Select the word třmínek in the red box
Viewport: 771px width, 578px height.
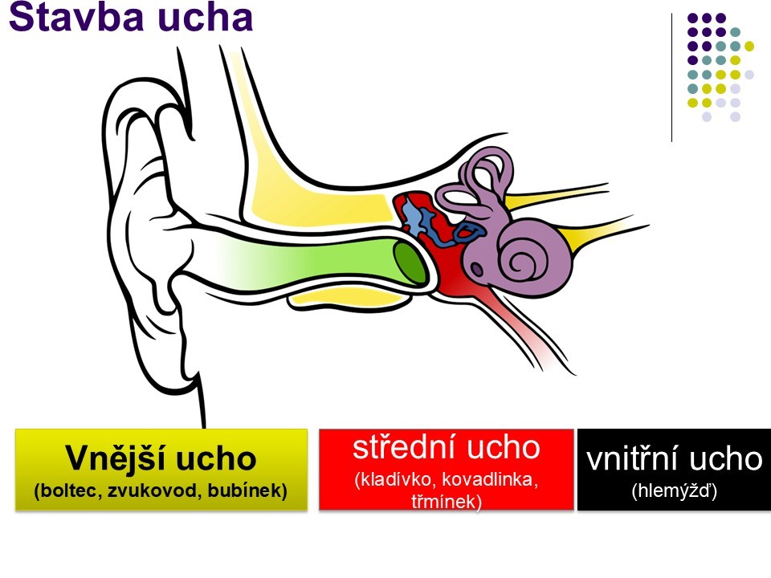[447, 502]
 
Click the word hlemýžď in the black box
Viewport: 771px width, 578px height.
[674, 488]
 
